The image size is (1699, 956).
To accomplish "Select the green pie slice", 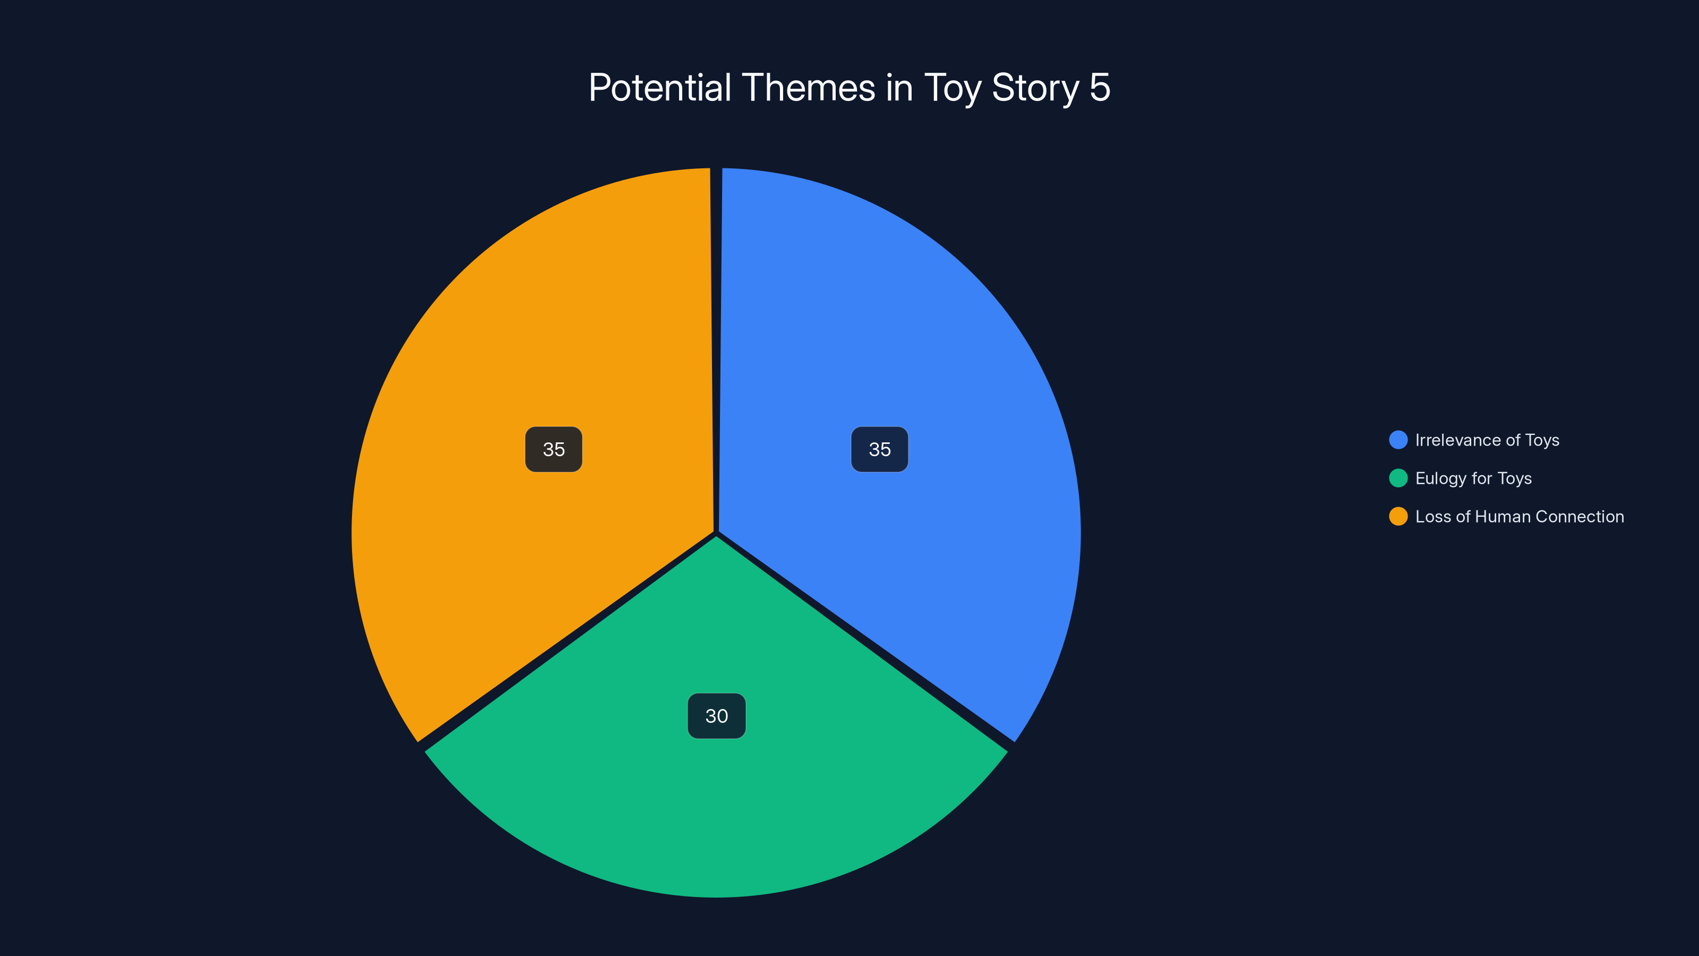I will pos(717,805).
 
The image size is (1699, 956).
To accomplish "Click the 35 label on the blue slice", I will pos(879,449).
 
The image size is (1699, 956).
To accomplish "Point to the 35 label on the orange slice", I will pos(553,449).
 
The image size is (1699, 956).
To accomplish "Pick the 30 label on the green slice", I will pos(716,716).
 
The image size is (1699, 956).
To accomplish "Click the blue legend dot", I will pos(1397,440).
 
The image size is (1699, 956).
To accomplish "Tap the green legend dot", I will pos(1397,479).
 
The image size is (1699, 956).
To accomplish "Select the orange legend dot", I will pos(1397,517).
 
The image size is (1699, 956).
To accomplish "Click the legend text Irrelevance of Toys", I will pos(1487,440).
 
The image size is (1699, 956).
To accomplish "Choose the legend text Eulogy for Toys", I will pos(1473,479).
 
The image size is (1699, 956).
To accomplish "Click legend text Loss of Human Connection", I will pos(1519,517).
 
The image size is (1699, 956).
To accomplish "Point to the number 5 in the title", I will pos(1100,88).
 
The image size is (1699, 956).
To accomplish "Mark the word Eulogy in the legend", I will pos(1440,479).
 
